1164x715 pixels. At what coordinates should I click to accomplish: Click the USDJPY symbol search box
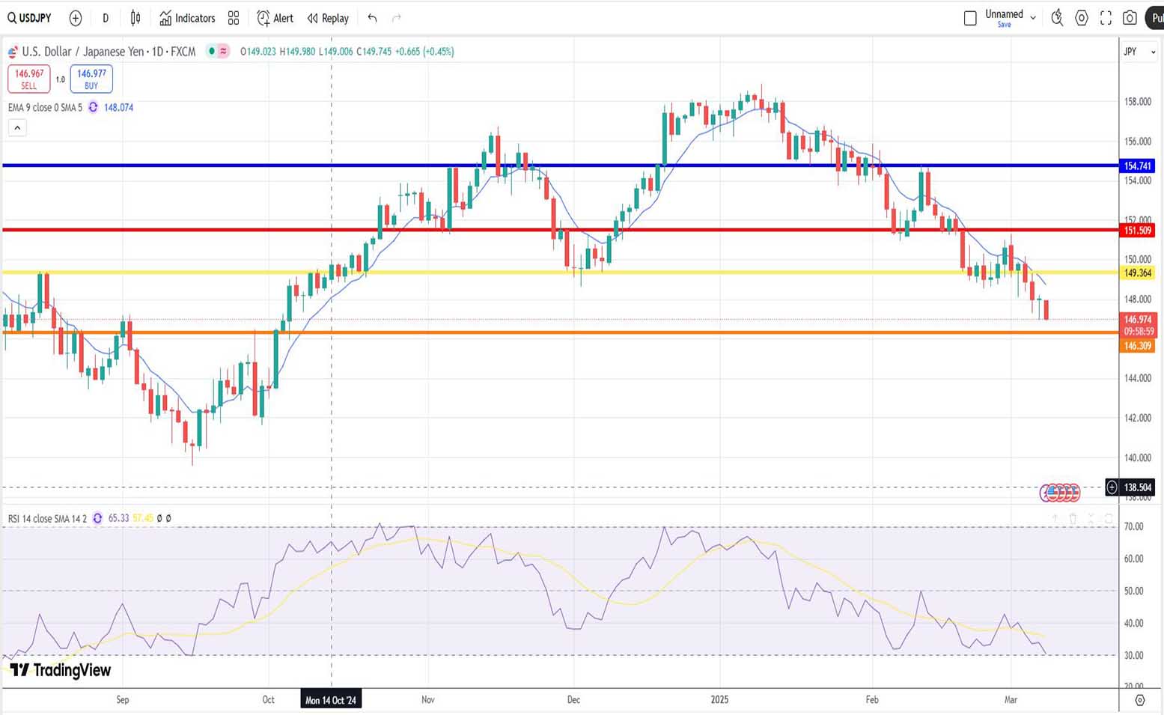(30, 18)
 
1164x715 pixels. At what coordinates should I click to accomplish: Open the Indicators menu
(187, 18)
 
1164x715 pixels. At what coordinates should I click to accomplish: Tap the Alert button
(275, 18)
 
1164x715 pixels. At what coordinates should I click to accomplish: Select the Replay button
(329, 18)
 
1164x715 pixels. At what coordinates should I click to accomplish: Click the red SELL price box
(29, 79)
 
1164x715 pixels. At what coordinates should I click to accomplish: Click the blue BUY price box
(91, 79)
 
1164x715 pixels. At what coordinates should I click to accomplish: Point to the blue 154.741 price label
(1137, 165)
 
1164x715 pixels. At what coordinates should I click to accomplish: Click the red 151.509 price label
(1137, 231)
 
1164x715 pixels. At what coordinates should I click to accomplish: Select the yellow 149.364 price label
(1137, 273)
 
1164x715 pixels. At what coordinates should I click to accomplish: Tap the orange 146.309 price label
(1137, 346)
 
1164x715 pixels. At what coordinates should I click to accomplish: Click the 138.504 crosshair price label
(1137, 487)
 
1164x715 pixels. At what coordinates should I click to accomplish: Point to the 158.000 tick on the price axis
(1137, 102)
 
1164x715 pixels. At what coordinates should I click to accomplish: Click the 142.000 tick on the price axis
(1137, 418)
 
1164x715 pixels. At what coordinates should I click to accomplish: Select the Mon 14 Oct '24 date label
(331, 700)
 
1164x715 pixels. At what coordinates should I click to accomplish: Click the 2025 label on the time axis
(719, 700)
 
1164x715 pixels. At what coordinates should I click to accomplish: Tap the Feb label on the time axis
(872, 700)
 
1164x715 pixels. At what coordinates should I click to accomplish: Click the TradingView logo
(61, 670)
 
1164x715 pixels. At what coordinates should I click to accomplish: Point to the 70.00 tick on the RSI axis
(1133, 527)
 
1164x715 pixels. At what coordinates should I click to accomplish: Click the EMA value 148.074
(118, 108)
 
